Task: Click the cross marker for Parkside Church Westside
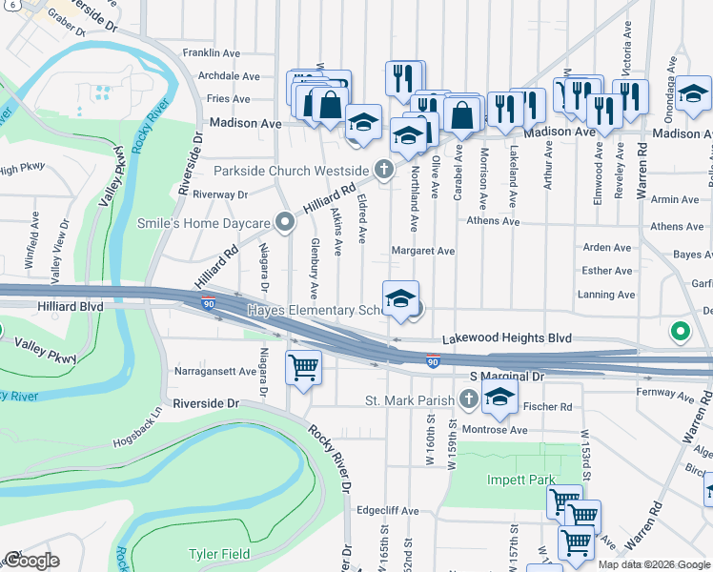pos(383,171)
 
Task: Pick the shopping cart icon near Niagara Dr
pos(303,366)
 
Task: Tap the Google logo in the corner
pos(31,561)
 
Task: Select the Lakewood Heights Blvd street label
pos(505,338)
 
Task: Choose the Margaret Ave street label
pos(423,252)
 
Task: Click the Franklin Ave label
pos(212,52)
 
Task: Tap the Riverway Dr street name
pos(219,194)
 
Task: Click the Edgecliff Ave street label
pos(387,511)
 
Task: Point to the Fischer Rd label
pos(552,407)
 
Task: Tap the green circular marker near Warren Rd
pos(680,332)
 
